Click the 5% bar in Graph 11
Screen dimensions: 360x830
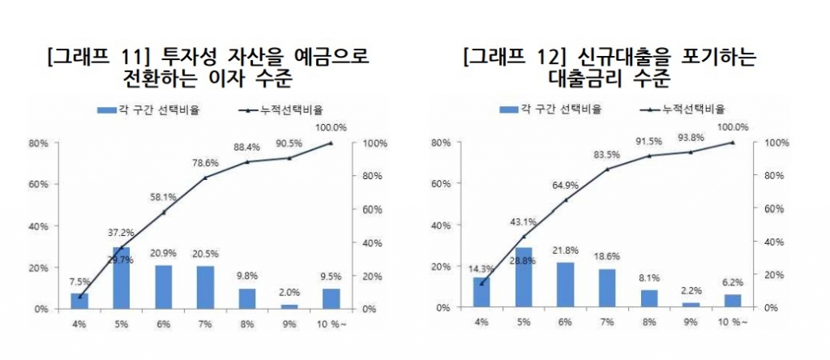point(122,278)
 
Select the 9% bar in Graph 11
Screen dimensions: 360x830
point(289,306)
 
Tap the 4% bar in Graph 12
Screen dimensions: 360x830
point(481,292)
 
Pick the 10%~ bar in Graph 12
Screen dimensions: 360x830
point(733,301)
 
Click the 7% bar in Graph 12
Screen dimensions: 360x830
point(607,288)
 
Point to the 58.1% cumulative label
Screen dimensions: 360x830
point(163,197)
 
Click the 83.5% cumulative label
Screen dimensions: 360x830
point(607,154)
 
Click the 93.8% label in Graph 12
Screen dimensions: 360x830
point(691,137)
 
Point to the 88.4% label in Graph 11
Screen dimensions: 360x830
point(246,147)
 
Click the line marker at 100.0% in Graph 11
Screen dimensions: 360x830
point(330,144)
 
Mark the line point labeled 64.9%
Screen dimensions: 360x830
point(565,199)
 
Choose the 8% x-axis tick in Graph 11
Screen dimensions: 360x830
point(246,326)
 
